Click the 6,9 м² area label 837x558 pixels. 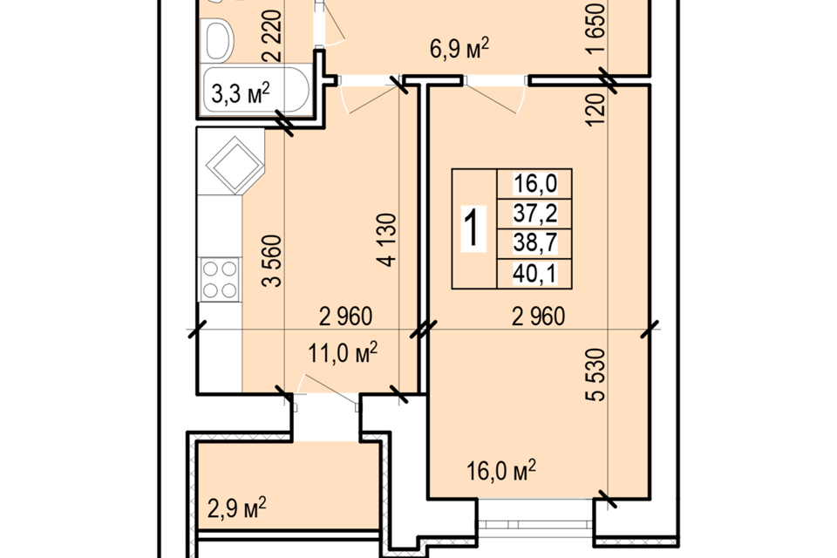coord(459,49)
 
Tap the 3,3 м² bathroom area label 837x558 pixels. coord(241,93)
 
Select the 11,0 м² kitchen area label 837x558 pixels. coord(343,352)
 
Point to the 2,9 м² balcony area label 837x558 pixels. coord(236,507)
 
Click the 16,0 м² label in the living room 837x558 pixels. coord(501,471)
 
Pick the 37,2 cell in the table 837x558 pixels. coord(534,214)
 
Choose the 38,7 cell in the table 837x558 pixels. coord(534,244)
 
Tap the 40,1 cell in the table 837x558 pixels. coord(534,275)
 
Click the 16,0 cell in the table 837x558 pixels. coord(534,184)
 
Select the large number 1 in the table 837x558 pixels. coord(473,228)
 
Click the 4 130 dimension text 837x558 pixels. coord(388,241)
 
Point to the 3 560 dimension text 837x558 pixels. coord(272,261)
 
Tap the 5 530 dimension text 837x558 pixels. coord(596,374)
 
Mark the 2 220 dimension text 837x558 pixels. coord(271,35)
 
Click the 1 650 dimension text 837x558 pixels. coord(596,27)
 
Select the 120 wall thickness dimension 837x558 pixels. coord(595,110)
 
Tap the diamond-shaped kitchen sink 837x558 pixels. coord(235,165)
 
